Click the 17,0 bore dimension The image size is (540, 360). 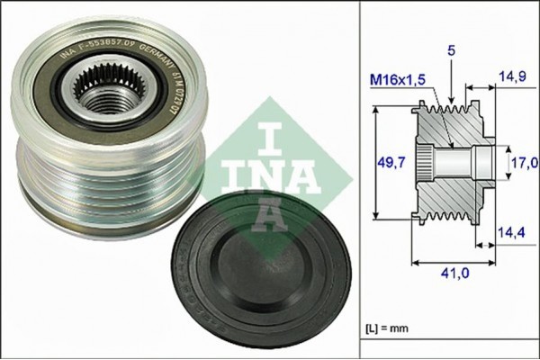pyautogui.click(x=525, y=162)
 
